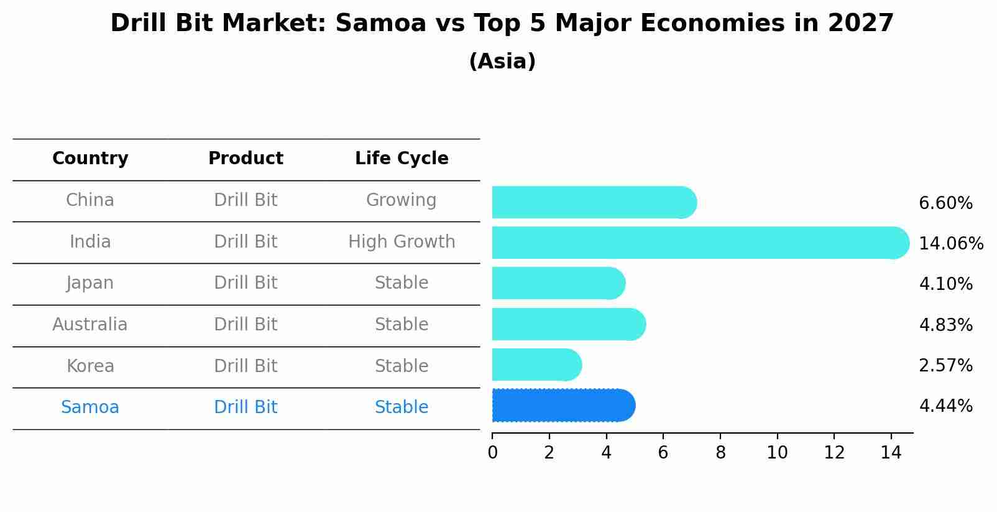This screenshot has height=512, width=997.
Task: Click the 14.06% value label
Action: [x=950, y=243]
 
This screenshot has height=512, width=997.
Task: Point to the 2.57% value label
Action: [x=945, y=365]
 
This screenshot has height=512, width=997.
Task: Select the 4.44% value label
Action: [x=945, y=406]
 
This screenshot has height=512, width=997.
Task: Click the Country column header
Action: [x=90, y=159]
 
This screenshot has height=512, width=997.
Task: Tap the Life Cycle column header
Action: [x=402, y=159]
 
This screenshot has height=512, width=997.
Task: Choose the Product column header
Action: [x=246, y=159]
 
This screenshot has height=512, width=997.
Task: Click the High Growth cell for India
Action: [x=402, y=242]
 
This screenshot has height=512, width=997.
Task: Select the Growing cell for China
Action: [x=401, y=200]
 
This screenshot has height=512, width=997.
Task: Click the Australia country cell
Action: [x=90, y=325]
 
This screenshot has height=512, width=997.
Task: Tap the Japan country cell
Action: [x=90, y=283]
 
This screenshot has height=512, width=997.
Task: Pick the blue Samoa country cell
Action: [x=90, y=407]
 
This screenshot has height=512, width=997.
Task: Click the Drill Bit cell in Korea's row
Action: [x=246, y=366]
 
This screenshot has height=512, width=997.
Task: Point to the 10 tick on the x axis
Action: [x=777, y=452]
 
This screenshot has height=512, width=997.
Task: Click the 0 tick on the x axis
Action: [x=492, y=452]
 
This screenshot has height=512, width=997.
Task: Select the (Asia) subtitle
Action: [x=502, y=62]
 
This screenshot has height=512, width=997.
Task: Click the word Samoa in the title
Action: [x=380, y=24]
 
